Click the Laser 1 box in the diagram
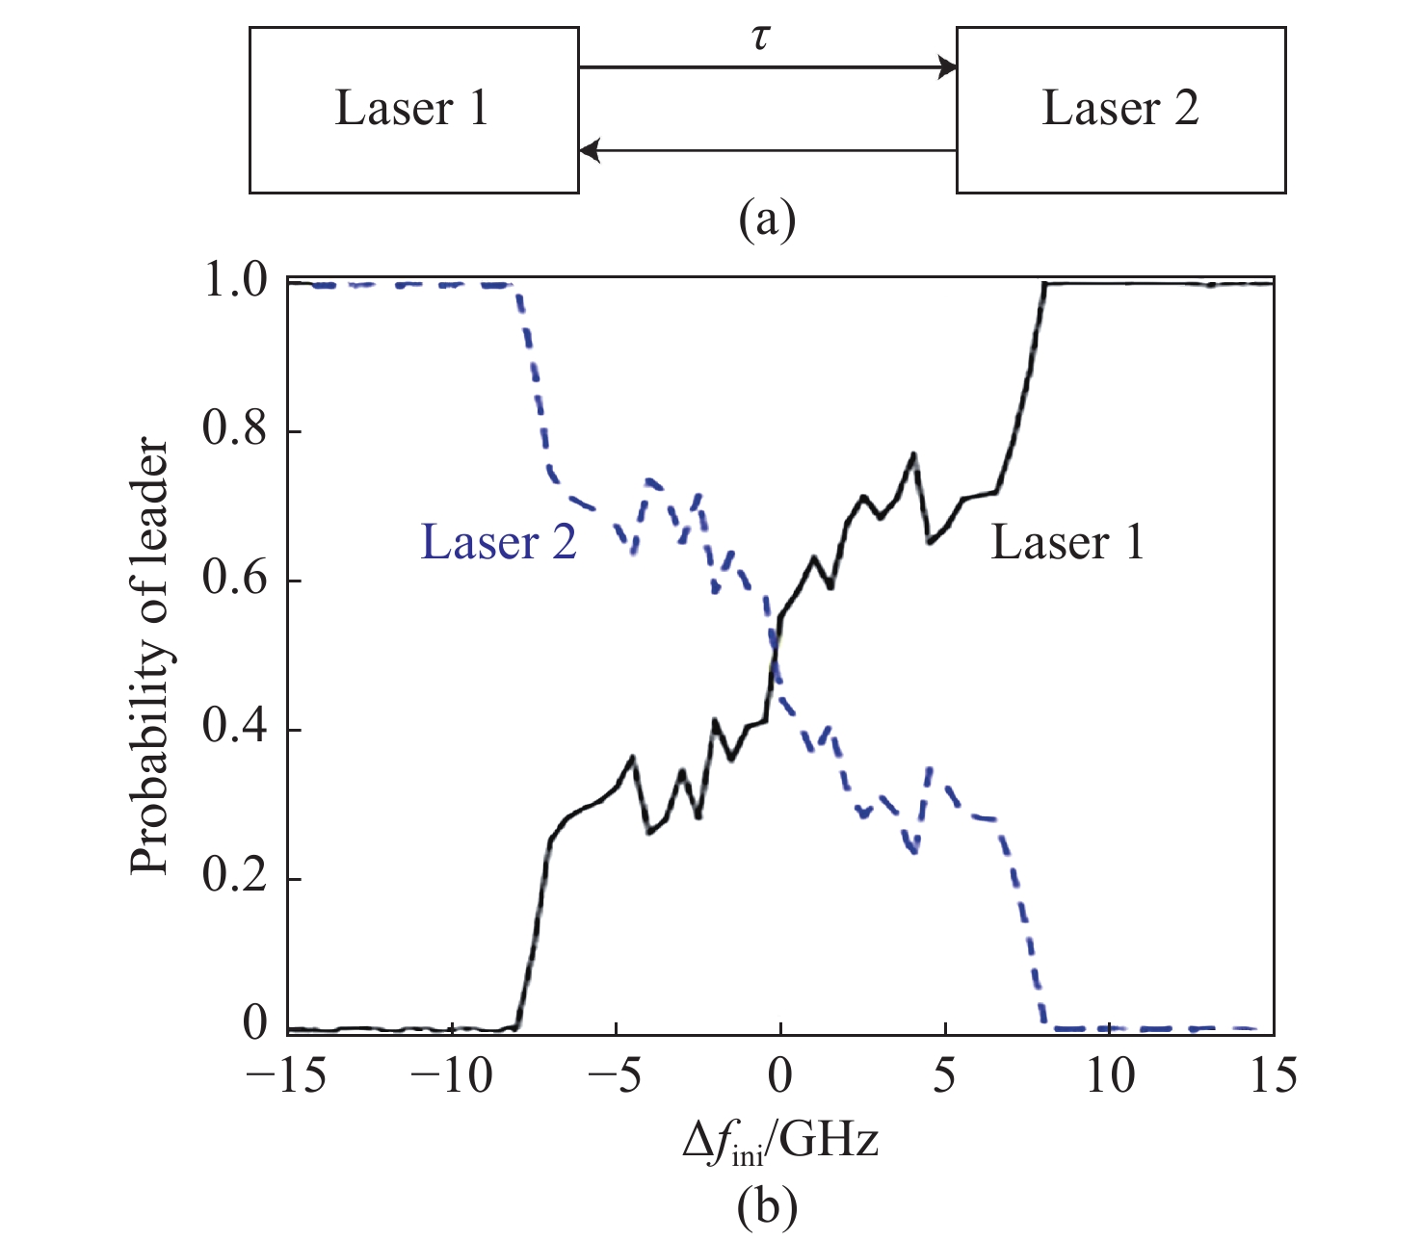[413, 110]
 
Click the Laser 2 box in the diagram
[1119, 110]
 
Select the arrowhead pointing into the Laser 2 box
[948, 67]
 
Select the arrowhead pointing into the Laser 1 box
[589, 150]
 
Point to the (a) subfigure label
[767, 220]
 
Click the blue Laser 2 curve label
[499, 543]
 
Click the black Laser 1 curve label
[1067, 543]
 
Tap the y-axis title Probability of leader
[150, 657]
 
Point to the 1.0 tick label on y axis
[236, 283]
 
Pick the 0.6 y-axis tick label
[236, 581]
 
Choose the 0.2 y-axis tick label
[236, 880]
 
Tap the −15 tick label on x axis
[287, 1076]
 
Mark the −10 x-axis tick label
[451, 1076]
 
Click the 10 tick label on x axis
[1110, 1076]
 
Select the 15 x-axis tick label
[1274, 1076]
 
